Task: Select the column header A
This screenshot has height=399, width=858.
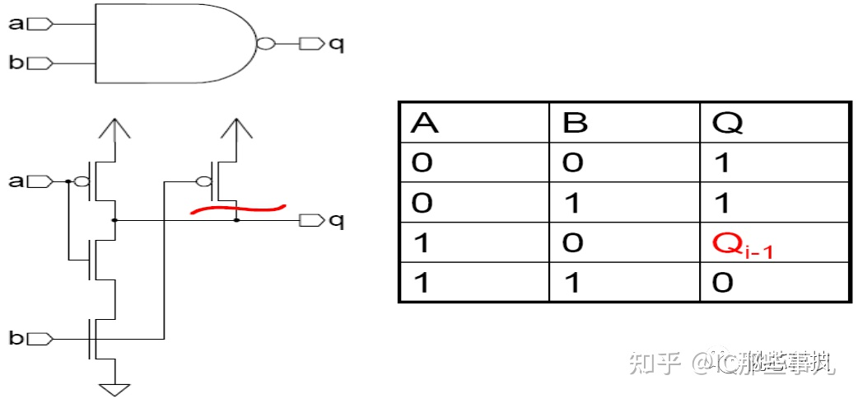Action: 423,123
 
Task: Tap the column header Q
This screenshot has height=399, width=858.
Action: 729,123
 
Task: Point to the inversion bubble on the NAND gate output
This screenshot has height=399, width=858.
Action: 264,44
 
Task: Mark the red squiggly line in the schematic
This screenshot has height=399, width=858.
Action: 238,209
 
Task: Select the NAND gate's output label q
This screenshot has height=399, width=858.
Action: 336,44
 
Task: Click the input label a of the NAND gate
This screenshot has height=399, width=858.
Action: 16,24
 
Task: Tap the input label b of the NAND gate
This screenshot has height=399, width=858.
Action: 16,63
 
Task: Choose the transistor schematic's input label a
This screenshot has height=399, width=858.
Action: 16,181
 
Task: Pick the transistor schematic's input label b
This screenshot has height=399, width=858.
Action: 16,337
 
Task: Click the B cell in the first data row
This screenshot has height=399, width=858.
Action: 573,162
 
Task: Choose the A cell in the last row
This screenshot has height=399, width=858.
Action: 422,284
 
